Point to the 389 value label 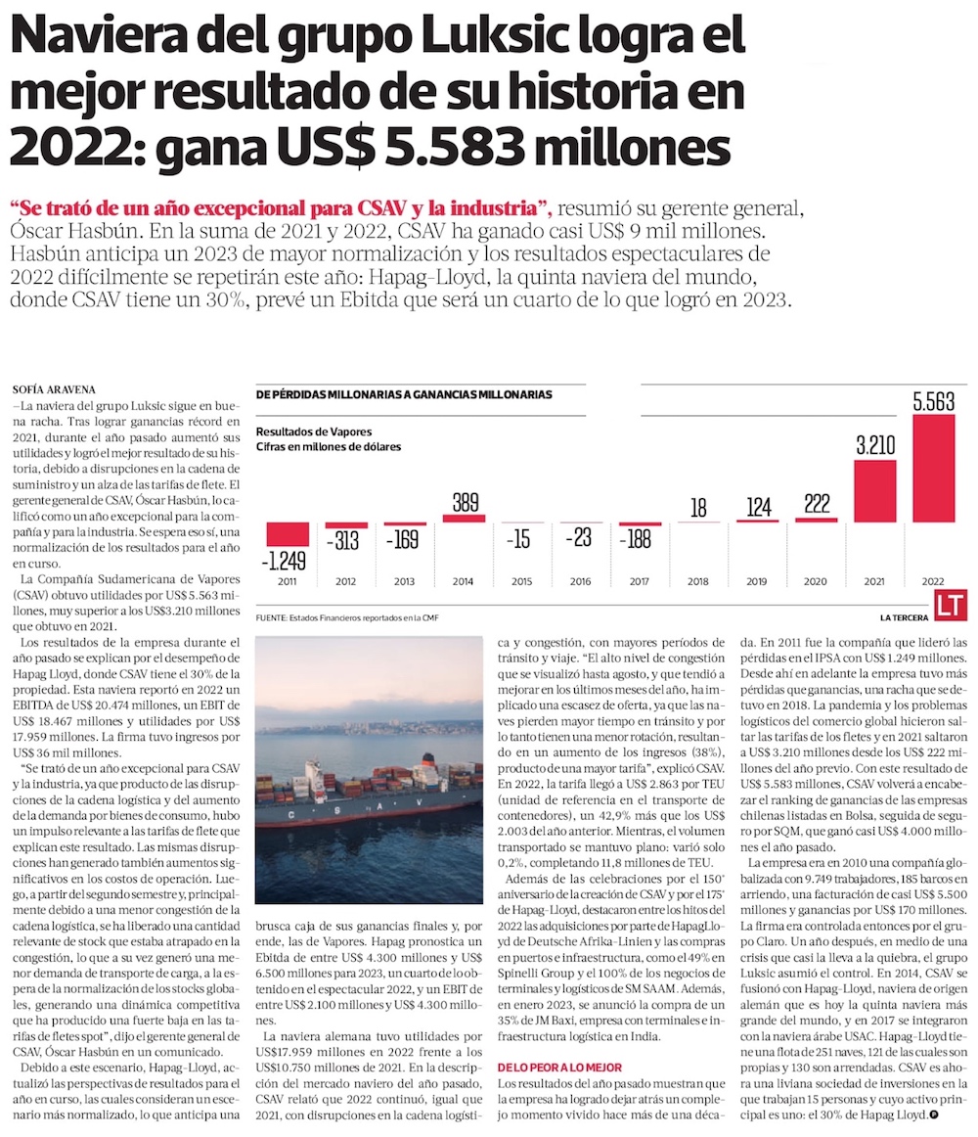465,503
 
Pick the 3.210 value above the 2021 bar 875,446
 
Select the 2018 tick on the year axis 698,582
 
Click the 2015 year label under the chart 522,582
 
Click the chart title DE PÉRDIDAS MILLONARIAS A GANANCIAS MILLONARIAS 403,394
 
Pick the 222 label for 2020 817,503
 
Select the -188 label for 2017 640,537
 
